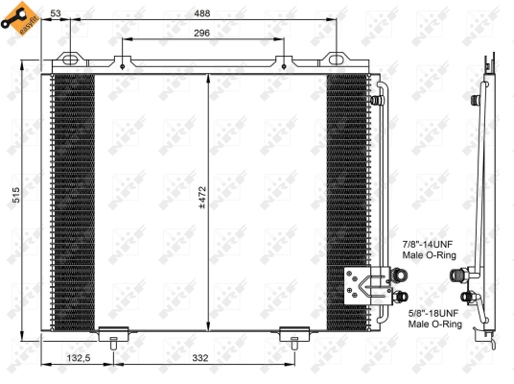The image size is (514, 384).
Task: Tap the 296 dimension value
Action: click(x=201, y=32)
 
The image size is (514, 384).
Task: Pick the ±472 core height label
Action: click(x=201, y=197)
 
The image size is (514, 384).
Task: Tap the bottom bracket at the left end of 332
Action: click(x=113, y=336)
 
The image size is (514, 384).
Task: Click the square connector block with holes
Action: click(x=362, y=284)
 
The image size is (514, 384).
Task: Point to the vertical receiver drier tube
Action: click(x=382, y=173)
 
